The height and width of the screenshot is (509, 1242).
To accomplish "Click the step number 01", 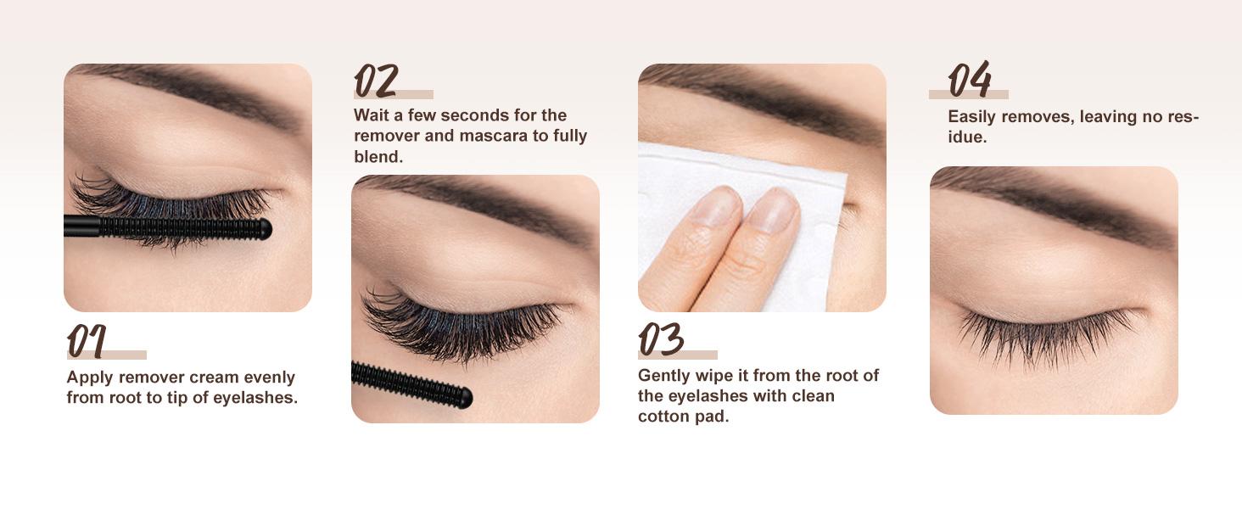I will pyautogui.click(x=87, y=341).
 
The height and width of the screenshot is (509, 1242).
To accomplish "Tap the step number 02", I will pyautogui.click(x=375, y=81).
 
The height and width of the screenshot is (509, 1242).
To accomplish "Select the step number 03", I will pyautogui.click(x=661, y=339).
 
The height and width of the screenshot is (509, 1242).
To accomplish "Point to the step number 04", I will pyautogui.click(x=969, y=80).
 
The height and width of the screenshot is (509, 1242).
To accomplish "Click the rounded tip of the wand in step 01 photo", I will pyautogui.click(x=264, y=228).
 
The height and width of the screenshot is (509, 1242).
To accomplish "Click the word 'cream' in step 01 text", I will pyautogui.click(x=215, y=378).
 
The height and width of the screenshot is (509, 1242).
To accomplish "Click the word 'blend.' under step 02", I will pyautogui.click(x=378, y=157).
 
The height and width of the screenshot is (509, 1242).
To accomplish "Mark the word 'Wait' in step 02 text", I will pyautogui.click(x=372, y=115).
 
